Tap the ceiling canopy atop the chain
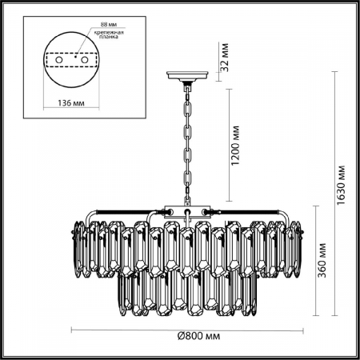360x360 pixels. pos(187,78)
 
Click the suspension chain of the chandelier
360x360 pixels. pos(187,144)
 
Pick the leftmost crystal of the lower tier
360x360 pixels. pos(125,292)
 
